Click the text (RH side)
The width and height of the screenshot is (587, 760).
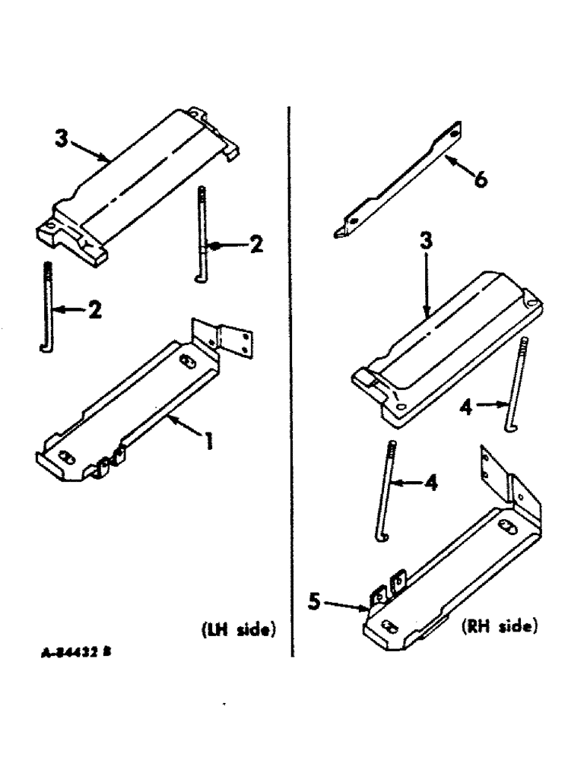(x=499, y=629)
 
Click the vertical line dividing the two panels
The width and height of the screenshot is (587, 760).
(x=291, y=380)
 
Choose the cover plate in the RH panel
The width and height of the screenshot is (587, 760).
(x=449, y=342)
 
